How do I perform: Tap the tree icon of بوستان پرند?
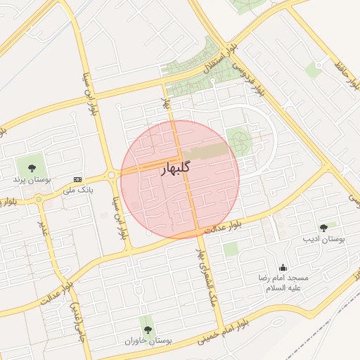pyautogui.click(x=31, y=167)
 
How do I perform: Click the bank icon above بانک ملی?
pyautogui.click(x=77, y=179)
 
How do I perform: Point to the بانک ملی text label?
pyautogui.click(x=78, y=190)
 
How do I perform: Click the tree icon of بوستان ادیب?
pyautogui.click(x=323, y=228)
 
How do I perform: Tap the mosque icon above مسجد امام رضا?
pyautogui.click(x=283, y=267)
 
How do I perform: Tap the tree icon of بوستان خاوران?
pyautogui.click(x=146, y=328)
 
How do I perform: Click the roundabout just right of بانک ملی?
pyautogui.click(x=112, y=175)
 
